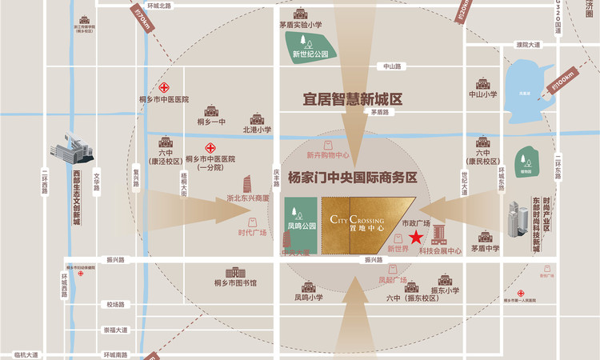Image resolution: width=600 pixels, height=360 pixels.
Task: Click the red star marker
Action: (x=416, y=237)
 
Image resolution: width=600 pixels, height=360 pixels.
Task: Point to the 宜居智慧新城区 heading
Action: (x=352, y=99)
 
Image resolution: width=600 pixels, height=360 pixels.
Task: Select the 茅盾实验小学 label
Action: (x=301, y=25)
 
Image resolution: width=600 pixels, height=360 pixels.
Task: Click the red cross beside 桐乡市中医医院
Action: (x=163, y=87)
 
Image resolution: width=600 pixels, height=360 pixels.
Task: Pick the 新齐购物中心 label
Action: (x=328, y=155)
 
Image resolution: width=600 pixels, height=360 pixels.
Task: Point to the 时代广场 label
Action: (x=252, y=234)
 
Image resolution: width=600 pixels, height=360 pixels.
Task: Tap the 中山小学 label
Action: (x=482, y=94)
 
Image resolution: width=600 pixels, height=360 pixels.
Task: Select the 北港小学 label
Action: (x=257, y=129)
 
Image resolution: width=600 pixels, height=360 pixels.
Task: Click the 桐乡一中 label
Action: (x=211, y=122)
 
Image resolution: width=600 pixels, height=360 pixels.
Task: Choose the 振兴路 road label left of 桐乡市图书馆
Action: (x=116, y=260)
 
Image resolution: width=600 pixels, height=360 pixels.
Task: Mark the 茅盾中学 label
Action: (x=485, y=248)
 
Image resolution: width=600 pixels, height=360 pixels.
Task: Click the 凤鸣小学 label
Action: (x=308, y=298)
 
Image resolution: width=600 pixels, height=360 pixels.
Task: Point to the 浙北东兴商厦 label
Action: (x=249, y=197)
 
